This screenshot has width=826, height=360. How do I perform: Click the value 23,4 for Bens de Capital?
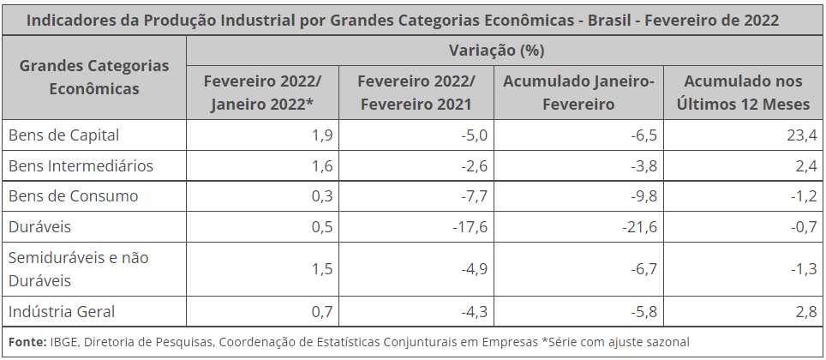pyautogui.click(x=804, y=135)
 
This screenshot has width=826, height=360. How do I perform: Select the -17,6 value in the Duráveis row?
pyautogui.click(x=470, y=227)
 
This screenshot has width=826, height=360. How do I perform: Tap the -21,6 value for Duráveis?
pyautogui.click(x=639, y=227)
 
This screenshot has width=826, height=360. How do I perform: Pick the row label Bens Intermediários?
pyautogui.click(x=81, y=166)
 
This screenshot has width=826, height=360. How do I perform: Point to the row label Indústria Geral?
pyautogui.click(x=62, y=311)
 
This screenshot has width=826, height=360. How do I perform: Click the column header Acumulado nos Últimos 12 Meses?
pyautogui.click(x=743, y=93)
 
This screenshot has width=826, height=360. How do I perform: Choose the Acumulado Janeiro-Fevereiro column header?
pyautogui.click(x=578, y=93)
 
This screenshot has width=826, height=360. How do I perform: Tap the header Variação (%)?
pyautogui.click(x=497, y=51)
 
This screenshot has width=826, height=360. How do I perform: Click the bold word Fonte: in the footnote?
pyautogui.click(x=27, y=342)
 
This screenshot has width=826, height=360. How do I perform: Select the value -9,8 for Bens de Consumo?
pyautogui.click(x=643, y=196)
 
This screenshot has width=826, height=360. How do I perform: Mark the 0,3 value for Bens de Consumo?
pyautogui.click(x=322, y=196)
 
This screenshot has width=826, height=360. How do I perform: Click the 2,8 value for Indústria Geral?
pyautogui.click(x=807, y=311)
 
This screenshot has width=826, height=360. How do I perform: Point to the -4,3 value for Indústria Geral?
pyautogui.click(x=474, y=311)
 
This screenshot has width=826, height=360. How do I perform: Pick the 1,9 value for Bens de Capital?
pyautogui.click(x=322, y=135)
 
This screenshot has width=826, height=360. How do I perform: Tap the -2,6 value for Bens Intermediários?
pyautogui.click(x=474, y=166)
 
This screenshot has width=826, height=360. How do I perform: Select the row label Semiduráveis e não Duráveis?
pyautogui.click(x=79, y=269)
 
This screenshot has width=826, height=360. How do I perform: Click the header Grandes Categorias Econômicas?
pyautogui.click(x=94, y=77)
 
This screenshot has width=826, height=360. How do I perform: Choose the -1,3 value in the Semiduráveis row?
pyautogui.click(x=804, y=269)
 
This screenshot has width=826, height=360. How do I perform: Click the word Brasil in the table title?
pyautogui.click(x=608, y=21)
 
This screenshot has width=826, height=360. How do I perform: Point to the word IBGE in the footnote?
pyautogui.click(x=63, y=342)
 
